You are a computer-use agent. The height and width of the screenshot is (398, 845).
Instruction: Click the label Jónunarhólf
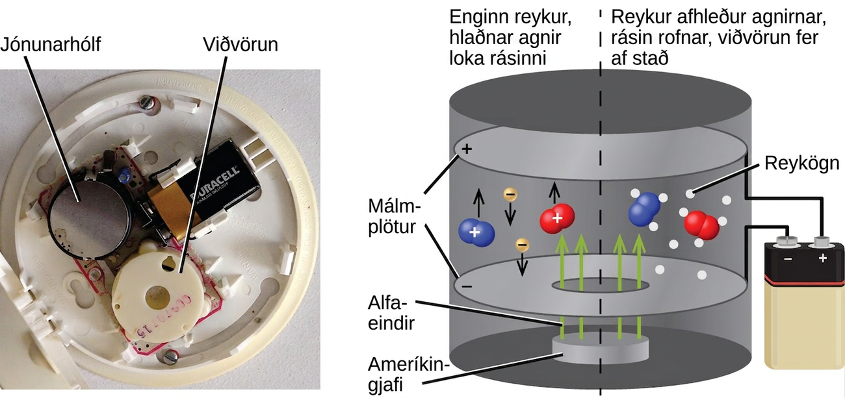point(51,45)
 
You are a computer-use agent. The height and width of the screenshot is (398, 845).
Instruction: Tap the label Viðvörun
point(240,44)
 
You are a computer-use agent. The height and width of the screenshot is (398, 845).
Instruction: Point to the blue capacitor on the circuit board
point(123,175)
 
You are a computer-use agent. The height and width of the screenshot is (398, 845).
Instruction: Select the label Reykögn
point(802,164)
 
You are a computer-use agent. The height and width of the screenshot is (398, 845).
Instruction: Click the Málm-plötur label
point(394,217)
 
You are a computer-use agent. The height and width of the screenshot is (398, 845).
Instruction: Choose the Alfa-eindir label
point(391,313)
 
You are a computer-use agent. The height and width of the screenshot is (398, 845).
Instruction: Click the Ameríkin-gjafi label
point(406,375)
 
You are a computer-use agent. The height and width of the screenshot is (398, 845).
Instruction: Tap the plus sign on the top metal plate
point(467,149)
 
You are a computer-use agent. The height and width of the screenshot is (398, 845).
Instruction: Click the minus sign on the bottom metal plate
point(467,286)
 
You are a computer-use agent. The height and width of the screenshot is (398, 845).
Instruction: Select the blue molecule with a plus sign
point(476,232)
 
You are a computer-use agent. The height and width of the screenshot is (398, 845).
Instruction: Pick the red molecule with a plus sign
point(557,218)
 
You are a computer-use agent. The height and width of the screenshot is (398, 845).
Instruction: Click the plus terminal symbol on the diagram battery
point(823,258)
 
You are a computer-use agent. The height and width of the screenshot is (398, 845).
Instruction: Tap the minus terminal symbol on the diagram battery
point(788,259)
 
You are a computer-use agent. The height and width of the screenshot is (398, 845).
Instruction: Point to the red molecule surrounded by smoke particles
point(701,225)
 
